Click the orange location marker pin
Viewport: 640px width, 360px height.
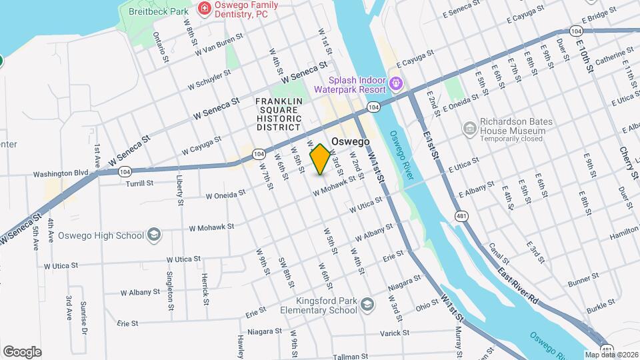click(x=321, y=159)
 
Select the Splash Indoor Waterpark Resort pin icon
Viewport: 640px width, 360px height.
click(x=397, y=84)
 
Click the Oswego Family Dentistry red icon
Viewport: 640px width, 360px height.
click(x=205, y=9)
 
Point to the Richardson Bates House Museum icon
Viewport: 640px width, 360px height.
click(x=469, y=127)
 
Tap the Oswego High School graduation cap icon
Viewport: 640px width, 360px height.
click(x=154, y=235)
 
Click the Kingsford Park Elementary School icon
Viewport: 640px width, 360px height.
click(x=367, y=305)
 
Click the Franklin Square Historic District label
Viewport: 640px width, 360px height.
click(x=280, y=114)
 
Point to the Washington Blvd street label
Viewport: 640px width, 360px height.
click(x=61, y=173)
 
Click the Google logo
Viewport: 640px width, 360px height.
click(x=22, y=351)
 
